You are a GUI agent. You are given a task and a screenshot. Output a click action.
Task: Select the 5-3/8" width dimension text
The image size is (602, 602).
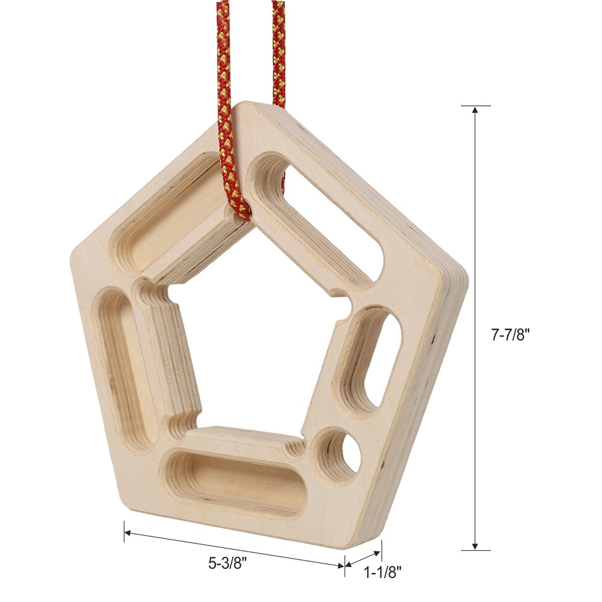point(228,564)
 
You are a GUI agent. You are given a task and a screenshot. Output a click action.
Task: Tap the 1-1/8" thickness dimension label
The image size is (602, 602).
point(383,573)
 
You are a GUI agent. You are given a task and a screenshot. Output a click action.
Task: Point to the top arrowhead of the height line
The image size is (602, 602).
point(476,111)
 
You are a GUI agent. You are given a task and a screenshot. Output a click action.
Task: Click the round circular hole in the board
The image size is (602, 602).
point(341,455)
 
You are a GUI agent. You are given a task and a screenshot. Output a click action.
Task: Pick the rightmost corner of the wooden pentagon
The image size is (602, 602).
point(467,271)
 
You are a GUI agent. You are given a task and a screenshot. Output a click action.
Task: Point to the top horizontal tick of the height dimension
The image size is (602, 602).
point(476,106)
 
